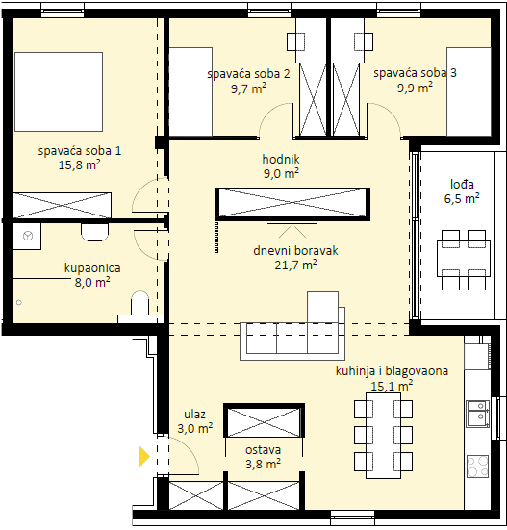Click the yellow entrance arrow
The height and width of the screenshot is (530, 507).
pyautogui.click(x=143, y=456)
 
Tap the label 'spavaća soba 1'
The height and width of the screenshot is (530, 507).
pyautogui.click(x=80, y=151)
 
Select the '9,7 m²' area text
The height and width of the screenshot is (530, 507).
pyautogui.click(x=248, y=88)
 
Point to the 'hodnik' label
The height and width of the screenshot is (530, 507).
pyautogui.click(x=281, y=159)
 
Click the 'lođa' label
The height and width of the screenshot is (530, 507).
pyautogui.click(x=462, y=185)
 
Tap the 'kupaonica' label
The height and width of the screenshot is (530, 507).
pyautogui.click(x=92, y=268)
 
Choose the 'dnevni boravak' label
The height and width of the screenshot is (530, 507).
pyautogui.click(x=295, y=250)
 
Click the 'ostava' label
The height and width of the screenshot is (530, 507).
pyautogui.click(x=263, y=450)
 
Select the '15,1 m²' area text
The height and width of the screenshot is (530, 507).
pyautogui.click(x=392, y=386)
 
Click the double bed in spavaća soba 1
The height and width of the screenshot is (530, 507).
pyautogui.click(x=59, y=91)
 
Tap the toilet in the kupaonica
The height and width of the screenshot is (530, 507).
pyautogui.click(x=139, y=303)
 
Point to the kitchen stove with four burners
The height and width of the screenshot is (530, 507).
pyautogui.click(x=477, y=467)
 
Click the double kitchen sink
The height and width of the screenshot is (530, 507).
pyautogui.click(x=477, y=415)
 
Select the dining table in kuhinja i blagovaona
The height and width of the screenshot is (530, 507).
pyautogui.click(x=383, y=436)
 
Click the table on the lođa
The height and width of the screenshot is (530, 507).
pyautogui.click(x=464, y=259)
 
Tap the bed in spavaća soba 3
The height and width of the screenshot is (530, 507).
pyautogui.click(x=469, y=91)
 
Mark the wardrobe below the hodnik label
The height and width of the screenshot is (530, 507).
pyautogui.click(x=292, y=204)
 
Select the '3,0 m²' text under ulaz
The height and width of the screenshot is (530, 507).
pyautogui.click(x=195, y=429)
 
